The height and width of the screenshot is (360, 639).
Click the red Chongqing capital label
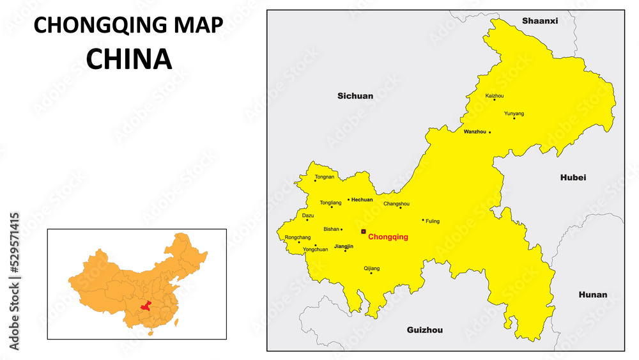tap(388, 237)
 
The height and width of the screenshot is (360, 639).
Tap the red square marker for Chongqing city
tap(364, 231)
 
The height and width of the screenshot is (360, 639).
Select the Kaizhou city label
tap(495, 96)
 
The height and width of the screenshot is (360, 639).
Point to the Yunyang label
tap(514, 113)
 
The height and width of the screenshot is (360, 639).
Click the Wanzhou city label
tap(475, 132)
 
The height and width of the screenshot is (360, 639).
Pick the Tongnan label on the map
tap(325, 176)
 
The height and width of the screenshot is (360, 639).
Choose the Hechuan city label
tap(362, 200)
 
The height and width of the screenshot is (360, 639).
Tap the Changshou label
tap(396, 203)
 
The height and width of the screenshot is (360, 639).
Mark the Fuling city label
tap(433, 221)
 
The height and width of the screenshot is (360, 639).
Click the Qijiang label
tap(371, 268)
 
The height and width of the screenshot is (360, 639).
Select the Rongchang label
tap(298, 237)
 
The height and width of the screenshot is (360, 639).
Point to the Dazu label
tap(308, 215)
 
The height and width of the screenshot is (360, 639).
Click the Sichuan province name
tap(355, 96)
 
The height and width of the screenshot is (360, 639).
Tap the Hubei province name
tap(573, 177)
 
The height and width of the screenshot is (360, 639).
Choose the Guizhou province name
tap(425, 330)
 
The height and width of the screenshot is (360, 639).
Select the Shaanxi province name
tap(540, 20)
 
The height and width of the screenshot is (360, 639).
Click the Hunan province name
tap(593, 295)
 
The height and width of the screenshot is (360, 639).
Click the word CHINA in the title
tap(129, 59)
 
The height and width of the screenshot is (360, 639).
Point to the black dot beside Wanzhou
tap(490, 132)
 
